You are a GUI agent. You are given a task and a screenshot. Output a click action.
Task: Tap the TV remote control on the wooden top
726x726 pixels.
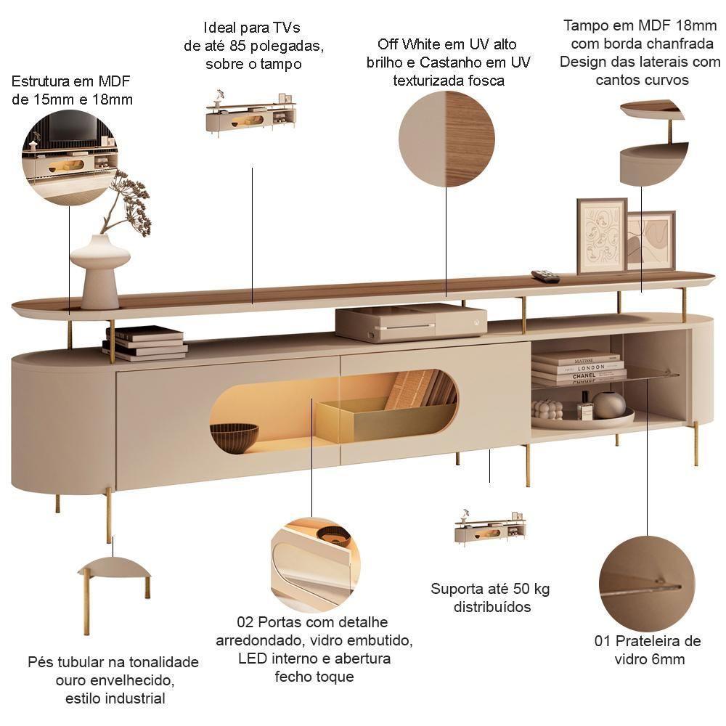545,275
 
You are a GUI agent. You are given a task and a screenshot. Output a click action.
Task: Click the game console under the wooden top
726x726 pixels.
411,323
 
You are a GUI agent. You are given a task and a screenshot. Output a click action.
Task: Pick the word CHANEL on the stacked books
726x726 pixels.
584,375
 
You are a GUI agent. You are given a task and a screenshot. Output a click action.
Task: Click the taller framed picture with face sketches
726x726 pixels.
601,236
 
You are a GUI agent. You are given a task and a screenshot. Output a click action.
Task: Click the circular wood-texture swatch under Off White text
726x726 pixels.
446,139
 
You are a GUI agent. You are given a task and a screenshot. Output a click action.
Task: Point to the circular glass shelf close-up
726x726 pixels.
647,584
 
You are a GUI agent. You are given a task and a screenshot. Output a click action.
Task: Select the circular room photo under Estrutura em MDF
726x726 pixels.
70,158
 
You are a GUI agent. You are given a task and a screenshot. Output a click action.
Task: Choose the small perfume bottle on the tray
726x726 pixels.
585,407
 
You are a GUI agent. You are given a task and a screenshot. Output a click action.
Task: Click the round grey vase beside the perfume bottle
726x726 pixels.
609,404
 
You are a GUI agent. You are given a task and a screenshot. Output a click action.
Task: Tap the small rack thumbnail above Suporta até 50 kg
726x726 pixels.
490,529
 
